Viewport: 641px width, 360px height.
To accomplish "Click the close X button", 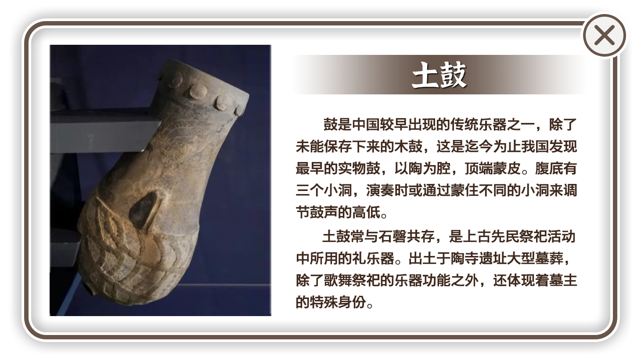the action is pos(605,36).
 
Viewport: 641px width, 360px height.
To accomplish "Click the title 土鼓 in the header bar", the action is pos(439,75).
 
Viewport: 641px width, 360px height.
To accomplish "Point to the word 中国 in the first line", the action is pos(366,125).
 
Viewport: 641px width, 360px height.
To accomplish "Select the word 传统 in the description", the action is pos(464,125).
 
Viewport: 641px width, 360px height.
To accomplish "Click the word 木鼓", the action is pos(408,147).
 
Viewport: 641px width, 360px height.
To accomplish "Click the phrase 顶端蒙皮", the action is pos(493,169).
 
